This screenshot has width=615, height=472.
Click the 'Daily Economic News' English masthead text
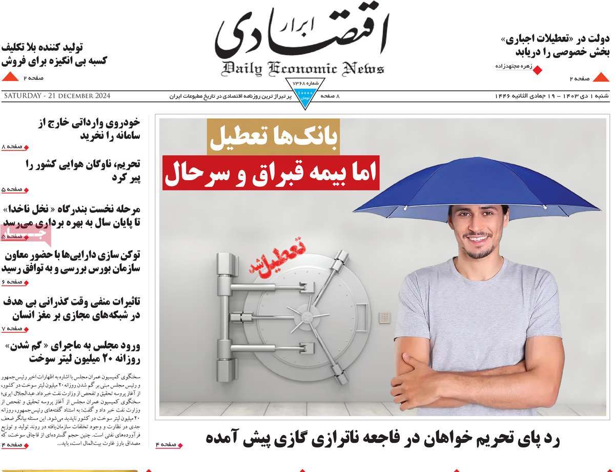pyautogui.click(x=303, y=69)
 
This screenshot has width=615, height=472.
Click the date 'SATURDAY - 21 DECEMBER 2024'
pyautogui.click(x=57, y=96)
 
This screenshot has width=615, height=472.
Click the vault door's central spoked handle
pyautogui.click(x=301, y=313)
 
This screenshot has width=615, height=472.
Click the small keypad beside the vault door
pyautogui.click(x=384, y=317)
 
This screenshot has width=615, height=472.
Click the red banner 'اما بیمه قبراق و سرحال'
pyautogui.click(x=271, y=172)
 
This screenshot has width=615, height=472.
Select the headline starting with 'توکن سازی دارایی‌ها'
pyautogui.click(x=72, y=261)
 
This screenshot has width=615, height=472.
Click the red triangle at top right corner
pyautogui.click(x=601, y=78)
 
